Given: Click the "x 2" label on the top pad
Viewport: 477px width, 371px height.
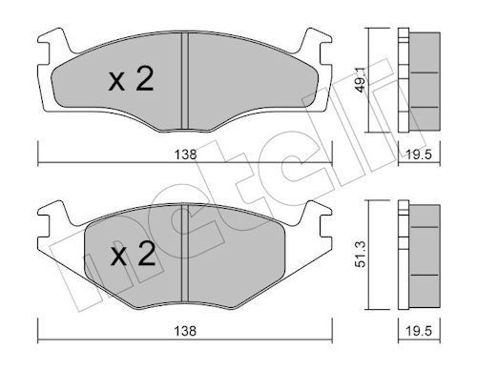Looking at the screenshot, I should click(130, 83).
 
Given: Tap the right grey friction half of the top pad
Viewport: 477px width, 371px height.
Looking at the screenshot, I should click(243, 81).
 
